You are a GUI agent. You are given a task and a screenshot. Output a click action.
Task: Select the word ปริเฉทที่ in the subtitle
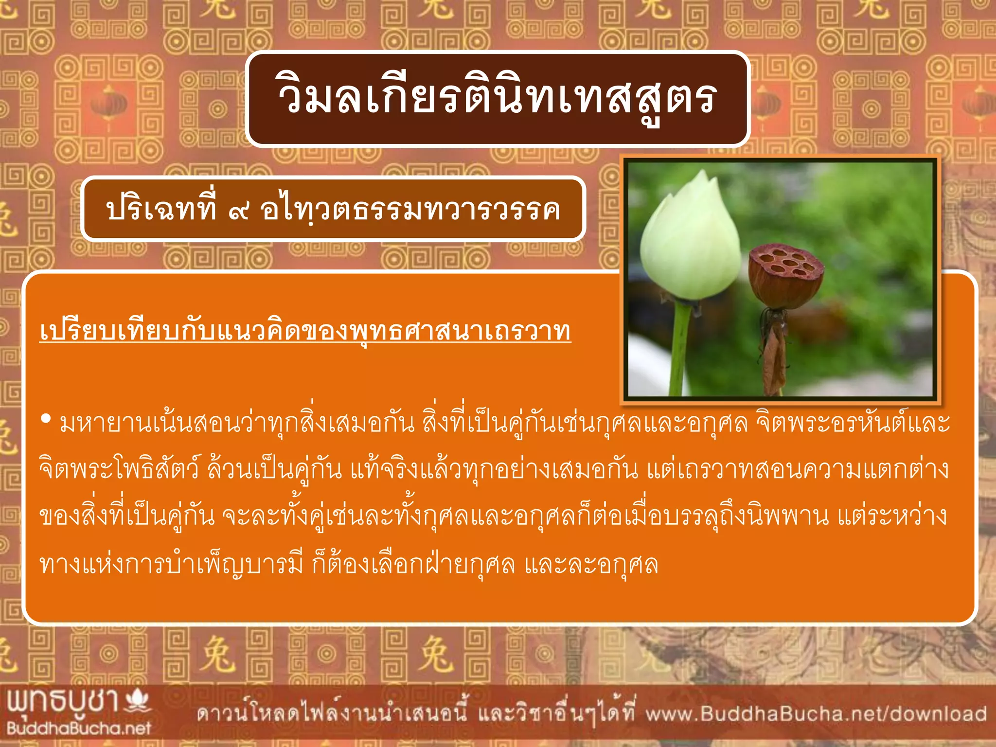161,209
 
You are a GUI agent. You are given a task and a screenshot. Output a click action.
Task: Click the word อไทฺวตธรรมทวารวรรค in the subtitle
410,210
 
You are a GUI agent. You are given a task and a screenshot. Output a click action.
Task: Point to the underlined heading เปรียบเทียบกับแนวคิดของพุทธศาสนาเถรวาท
305,331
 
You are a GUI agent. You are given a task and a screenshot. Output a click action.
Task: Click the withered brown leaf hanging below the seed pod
773,355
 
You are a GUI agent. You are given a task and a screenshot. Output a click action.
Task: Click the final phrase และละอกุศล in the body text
591,564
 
